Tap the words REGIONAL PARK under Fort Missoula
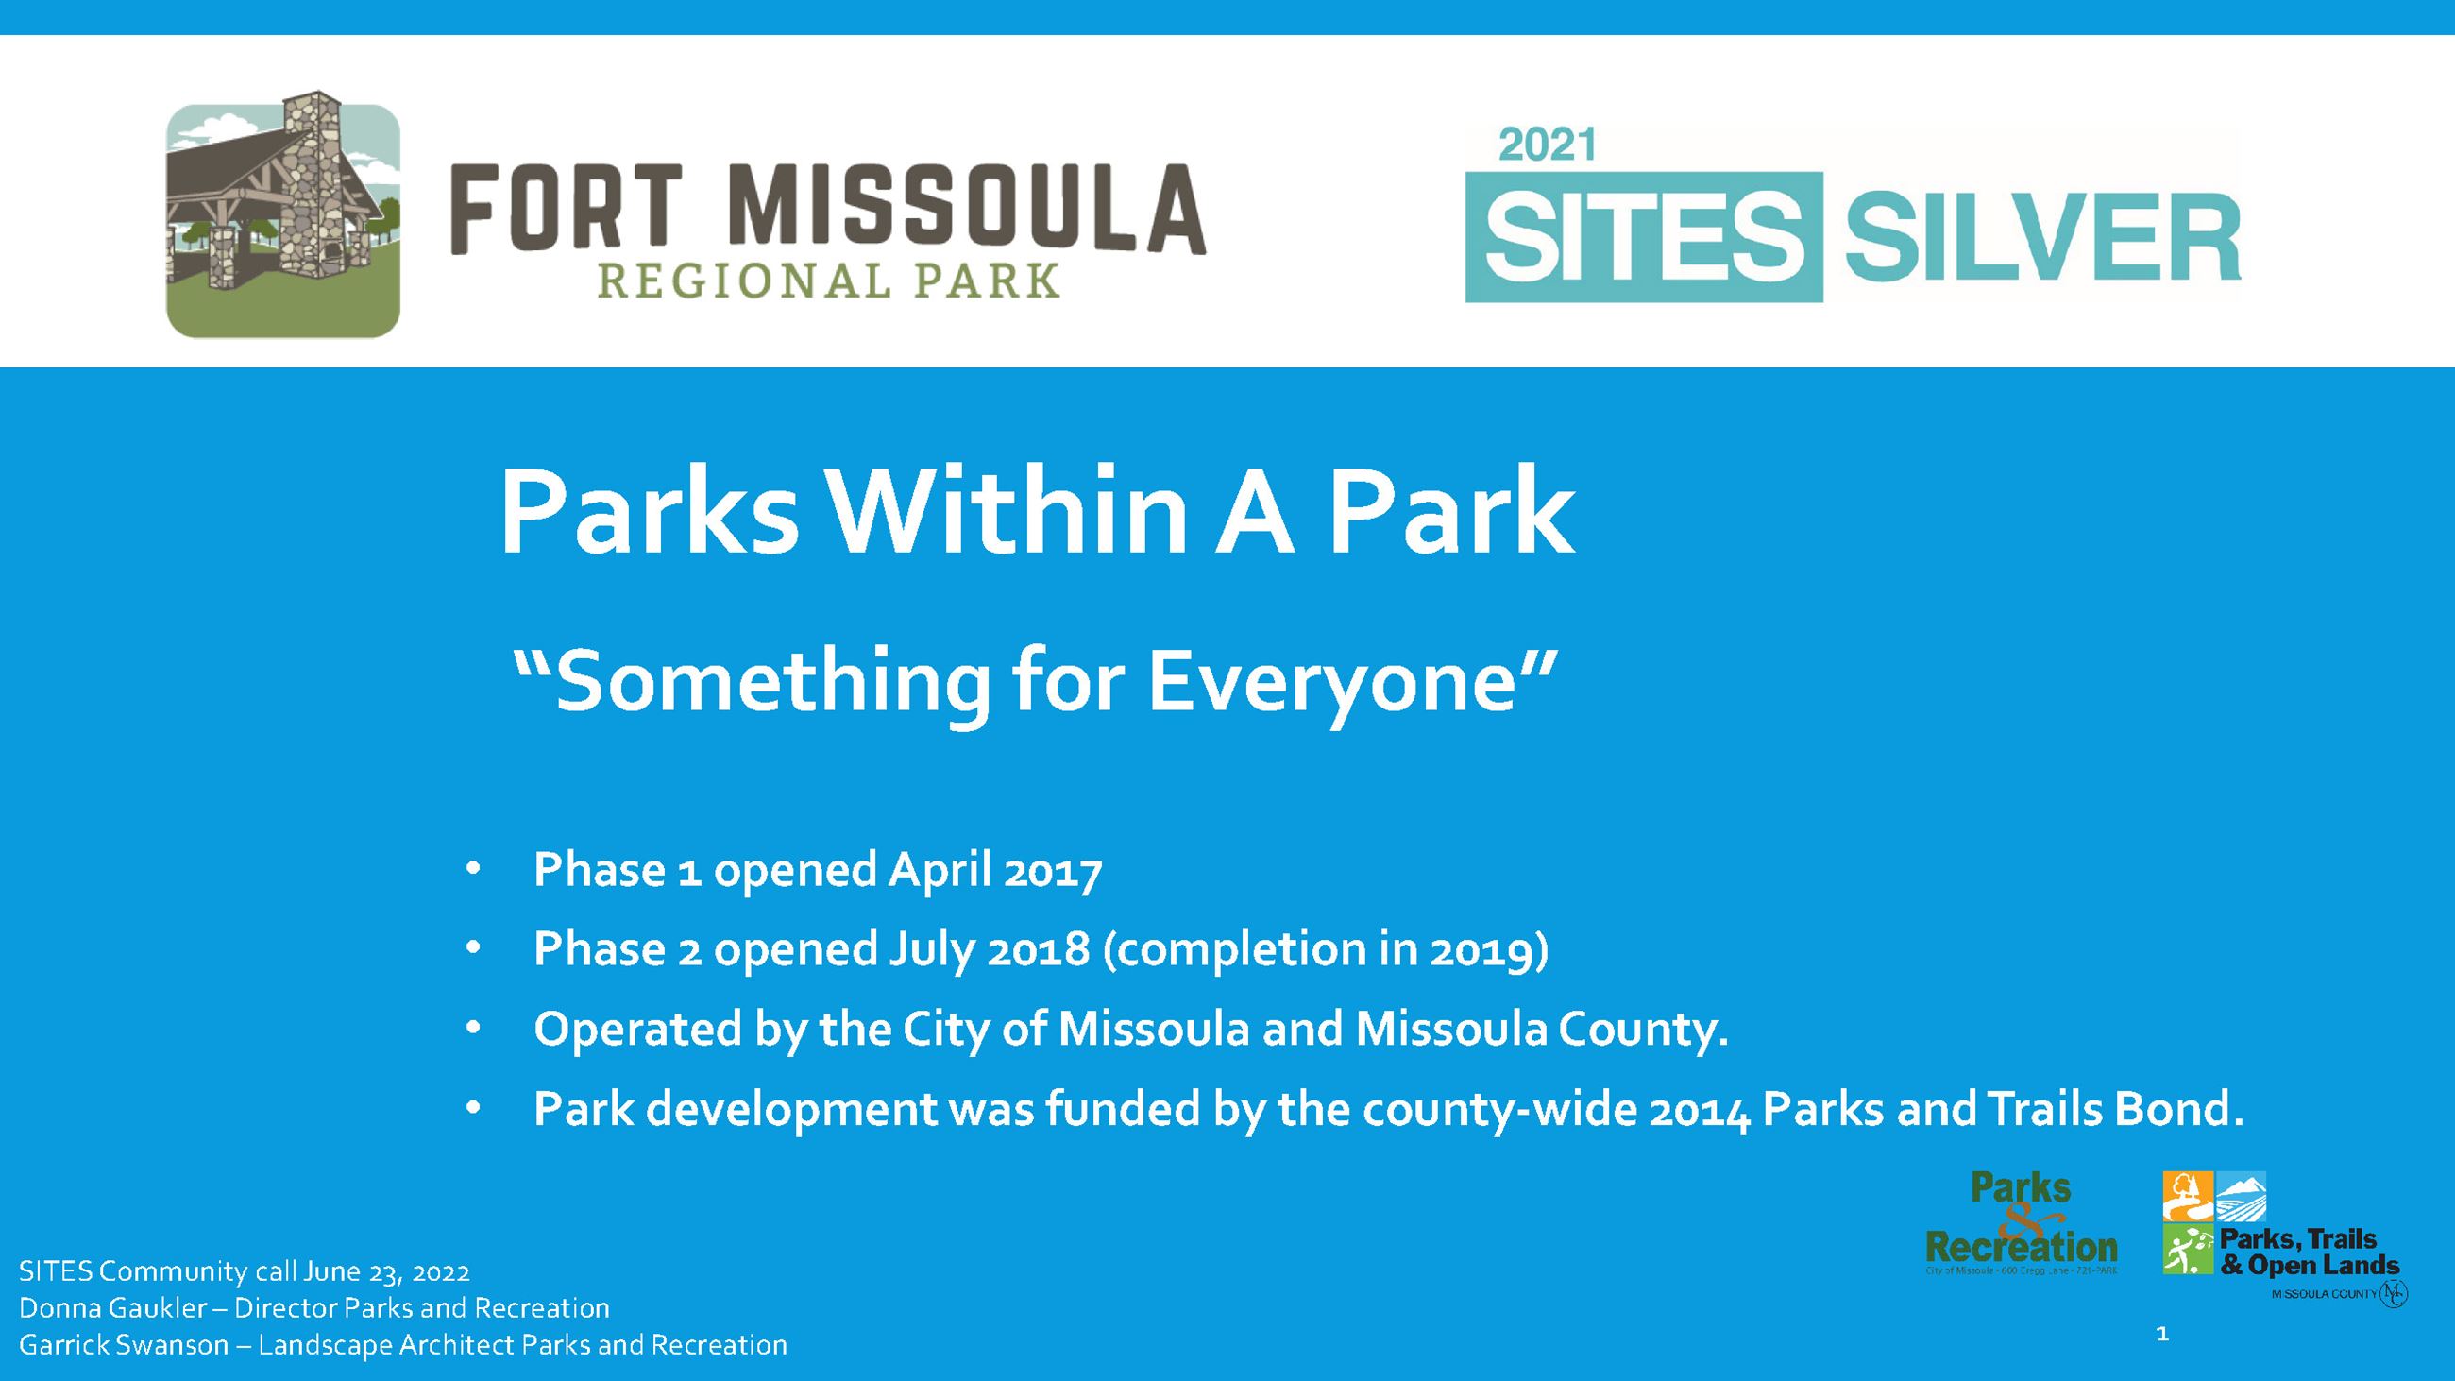pyautogui.click(x=828, y=283)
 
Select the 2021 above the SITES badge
pyautogui.click(x=1547, y=145)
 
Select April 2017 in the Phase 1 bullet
pyautogui.click(x=995, y=870)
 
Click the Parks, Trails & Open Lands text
pyautogui.click(x=2310, y=1253)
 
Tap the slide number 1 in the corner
pyautogui.click(x=2162, y=1335)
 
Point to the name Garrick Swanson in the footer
pyautogui.click(x=124, y=1345)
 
